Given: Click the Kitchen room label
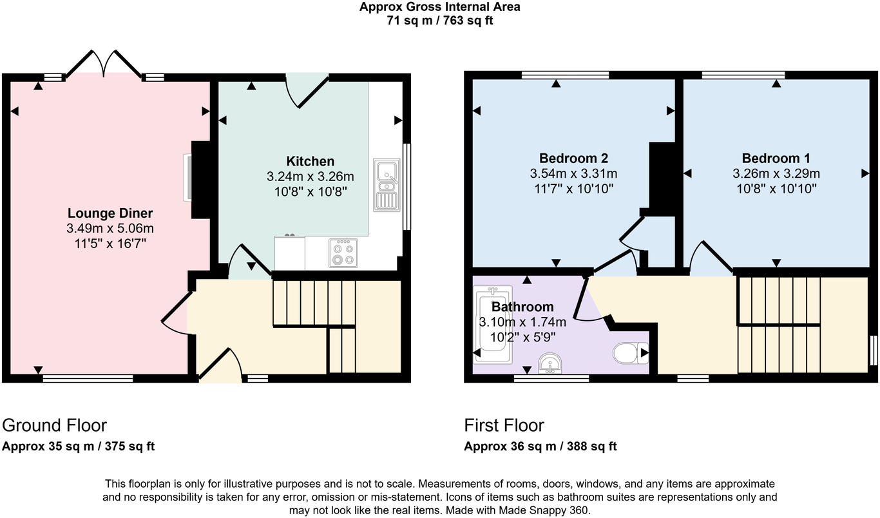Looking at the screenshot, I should pyautogui.click(x=310, y=161).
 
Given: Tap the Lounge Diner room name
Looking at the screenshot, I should pyautogui.click(x=110, y=213).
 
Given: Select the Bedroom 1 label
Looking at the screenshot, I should pyautogui.click(x=776, y=158).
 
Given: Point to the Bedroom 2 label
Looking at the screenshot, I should pyautogui.click(x=573, y=158).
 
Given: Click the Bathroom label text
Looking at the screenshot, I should pyautogui.click(x=522, y=307).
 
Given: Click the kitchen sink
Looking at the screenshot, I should pyautogui.click(x=387, y=184).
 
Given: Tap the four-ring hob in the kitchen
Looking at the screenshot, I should pyautogui.click(x=342, y=253).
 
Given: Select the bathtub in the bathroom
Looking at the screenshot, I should pyautogui.click(x=493, y=325).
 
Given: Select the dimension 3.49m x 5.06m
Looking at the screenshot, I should pyautogui.click(x=110, y=229).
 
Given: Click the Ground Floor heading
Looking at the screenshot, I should pyautogui.click(x=54, y=425).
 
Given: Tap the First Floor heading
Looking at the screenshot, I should pyautogui.click(x=504, y=425).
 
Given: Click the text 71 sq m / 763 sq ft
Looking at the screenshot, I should pyautogui.click(x=439, y=20).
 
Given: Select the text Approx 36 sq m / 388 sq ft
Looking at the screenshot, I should pyautogui.click(x=540, y=446).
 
